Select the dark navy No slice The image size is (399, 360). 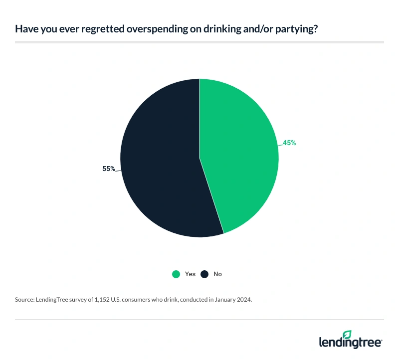tap(160, 165)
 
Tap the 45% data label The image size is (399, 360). tap(289, 143)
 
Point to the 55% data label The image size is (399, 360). tap(109, 169)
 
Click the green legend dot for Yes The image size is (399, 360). tap(176, 274)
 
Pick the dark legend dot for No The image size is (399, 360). tap(204, 274)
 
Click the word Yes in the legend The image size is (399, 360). tap(190, 274)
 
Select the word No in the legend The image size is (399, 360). tap(217, 274)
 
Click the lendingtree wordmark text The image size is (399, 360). tap(351, 343)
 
